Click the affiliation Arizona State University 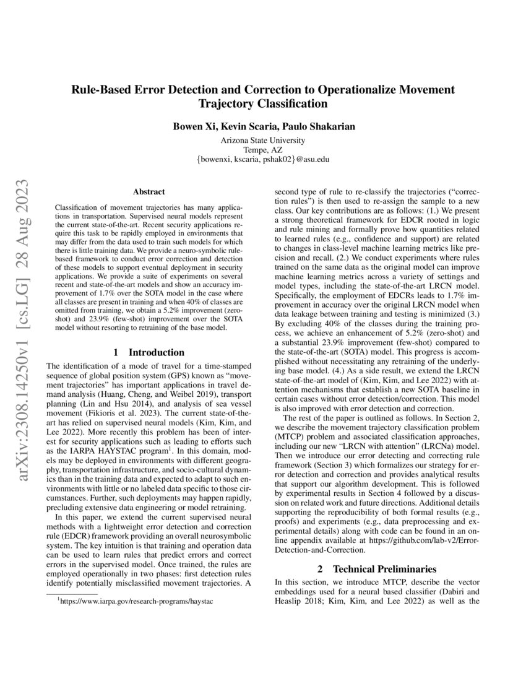263,140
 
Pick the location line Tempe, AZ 263,149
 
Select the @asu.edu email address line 263,159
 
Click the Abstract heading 149,193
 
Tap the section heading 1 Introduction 149,352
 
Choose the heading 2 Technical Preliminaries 377,568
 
